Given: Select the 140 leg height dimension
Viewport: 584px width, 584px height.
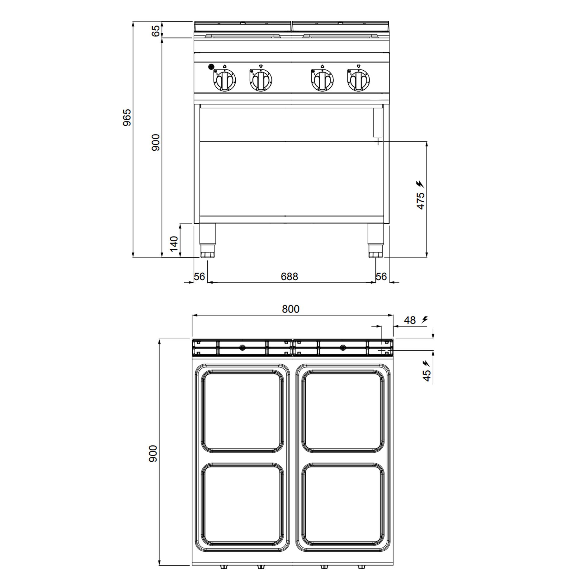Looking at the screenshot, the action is point(174,244).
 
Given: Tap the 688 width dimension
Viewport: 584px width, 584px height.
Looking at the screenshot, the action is point(289,276).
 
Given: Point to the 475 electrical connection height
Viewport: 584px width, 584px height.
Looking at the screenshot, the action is point(420,200).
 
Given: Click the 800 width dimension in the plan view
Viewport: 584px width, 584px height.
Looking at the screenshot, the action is point(291,309).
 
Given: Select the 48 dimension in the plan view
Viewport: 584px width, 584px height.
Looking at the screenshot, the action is point(410,320).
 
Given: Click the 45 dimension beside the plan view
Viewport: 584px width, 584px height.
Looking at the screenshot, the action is point(426,376).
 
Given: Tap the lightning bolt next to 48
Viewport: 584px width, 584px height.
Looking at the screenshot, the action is point(425,319).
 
